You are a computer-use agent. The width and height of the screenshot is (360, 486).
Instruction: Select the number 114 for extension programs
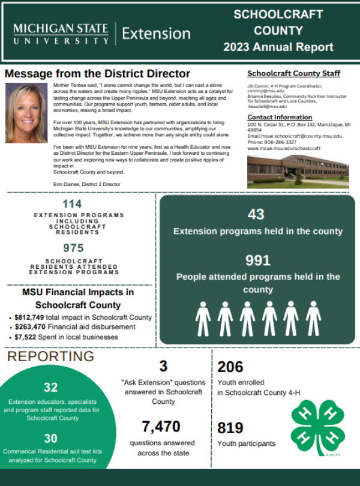pos(72,204)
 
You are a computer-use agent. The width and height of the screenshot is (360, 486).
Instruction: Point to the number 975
pos(74,248)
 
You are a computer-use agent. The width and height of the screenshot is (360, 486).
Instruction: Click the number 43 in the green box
pos(256,214)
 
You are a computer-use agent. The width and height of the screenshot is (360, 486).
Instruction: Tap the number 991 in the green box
pos(258,260)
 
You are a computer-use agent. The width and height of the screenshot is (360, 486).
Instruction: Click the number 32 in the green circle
pos(50,388)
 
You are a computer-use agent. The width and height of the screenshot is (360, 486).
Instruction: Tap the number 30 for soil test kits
pos(50,438)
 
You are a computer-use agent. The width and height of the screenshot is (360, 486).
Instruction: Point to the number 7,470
pos(161,427)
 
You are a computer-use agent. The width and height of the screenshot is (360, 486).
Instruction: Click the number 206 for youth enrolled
pos(230,367)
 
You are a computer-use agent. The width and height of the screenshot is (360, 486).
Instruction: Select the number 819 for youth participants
pos(230,428)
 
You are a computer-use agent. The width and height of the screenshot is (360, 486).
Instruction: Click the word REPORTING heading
pos(50,356)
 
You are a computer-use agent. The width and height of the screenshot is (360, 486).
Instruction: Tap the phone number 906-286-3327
pos(282,142)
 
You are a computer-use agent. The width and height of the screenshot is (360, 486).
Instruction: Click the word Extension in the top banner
pos(156,34)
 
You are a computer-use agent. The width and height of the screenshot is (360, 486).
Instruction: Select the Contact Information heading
pos(280,117)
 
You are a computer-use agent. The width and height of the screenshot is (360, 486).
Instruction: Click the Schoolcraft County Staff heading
pos(293,74)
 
